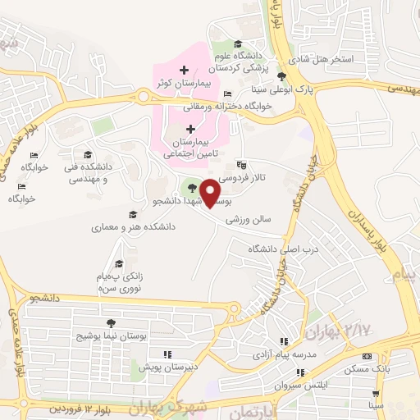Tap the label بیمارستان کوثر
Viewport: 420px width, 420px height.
185,84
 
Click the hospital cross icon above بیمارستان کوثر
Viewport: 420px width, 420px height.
185,69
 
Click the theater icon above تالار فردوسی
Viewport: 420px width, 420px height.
240,164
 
